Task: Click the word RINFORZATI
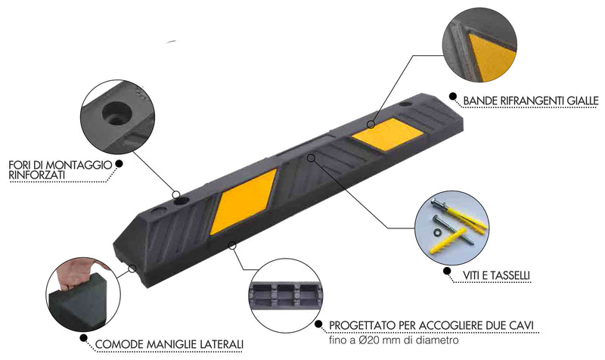coord(37,175)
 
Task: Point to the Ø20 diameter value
coord(375,340)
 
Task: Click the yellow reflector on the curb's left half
coord(247,201)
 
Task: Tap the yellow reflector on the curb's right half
coord(386,135)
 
